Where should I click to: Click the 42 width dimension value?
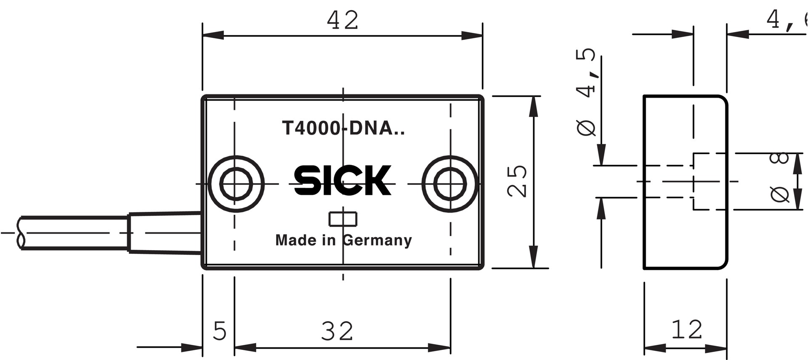coord(343,20)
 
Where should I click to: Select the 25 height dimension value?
coord(517,181)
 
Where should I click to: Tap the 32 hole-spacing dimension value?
coord(337,331)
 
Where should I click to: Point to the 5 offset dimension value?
coord(220,331)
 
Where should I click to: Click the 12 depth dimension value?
coord(687,330)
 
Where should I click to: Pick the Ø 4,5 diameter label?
coord(586,92)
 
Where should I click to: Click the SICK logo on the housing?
coord(343,181)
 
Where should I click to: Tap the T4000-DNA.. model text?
coord(343,128)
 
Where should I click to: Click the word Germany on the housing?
coord(377,240)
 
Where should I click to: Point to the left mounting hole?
coord(236,184)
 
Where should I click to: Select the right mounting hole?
coord(450,184)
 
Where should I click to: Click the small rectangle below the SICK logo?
coord(343,219)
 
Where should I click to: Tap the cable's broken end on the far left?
coord(20,233)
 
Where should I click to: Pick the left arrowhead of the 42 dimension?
coord(213,35)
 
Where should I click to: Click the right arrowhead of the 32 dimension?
coord(439,348)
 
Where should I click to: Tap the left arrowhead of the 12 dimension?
coord(655,348)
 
